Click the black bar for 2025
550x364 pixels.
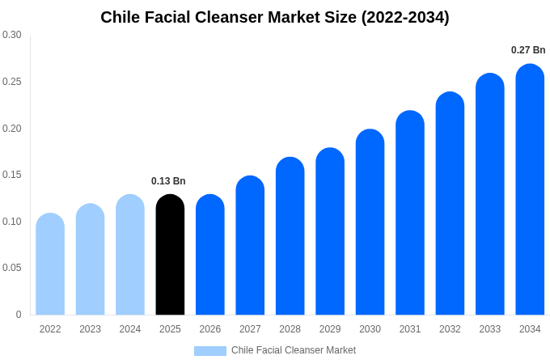170,255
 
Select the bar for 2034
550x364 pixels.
530,189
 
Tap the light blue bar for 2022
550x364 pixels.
50,265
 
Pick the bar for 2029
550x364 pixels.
330,231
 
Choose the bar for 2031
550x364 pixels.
410,213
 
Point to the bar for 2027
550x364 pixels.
250,245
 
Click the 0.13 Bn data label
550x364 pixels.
168,181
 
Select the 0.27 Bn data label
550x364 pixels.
528,50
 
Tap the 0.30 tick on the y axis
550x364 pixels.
12,35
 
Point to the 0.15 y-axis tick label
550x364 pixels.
12,175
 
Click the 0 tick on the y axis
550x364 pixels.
19,315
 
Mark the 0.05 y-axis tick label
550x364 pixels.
12,268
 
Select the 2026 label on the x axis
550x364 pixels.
210,329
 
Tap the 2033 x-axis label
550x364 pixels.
490,329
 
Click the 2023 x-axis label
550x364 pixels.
90,329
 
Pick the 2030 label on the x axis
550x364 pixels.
370,329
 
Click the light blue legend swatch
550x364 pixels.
210,351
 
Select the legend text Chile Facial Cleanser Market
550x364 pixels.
294,350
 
